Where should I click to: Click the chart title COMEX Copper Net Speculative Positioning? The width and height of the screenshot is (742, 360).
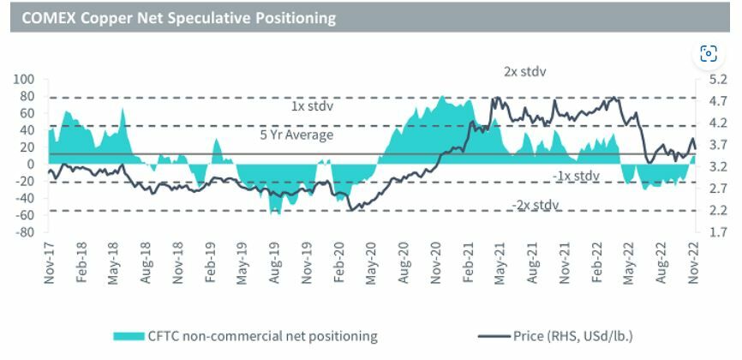[178, 16]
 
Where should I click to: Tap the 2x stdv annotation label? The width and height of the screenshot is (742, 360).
[524, 71]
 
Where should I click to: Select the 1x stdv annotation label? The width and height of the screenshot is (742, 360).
[312, 107]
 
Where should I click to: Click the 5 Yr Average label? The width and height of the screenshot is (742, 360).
[296, 135]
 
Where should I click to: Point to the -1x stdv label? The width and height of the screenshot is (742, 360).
[576, 176]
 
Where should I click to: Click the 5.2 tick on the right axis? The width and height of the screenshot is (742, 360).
[718, 80]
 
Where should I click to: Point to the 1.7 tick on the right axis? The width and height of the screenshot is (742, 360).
[718, 232]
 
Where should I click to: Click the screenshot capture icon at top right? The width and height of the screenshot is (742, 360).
[709, 55]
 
